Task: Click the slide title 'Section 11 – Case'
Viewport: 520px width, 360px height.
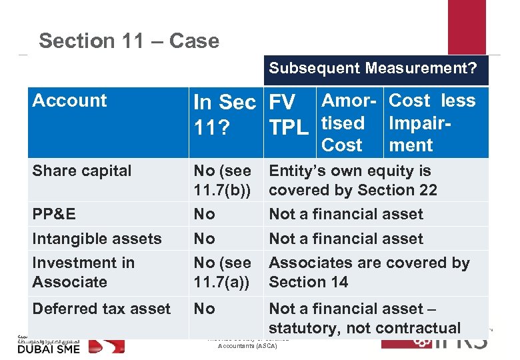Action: (129, 41)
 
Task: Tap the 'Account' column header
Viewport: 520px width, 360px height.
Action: (69, 101)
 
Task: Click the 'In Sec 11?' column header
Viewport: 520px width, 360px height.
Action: (224, 112)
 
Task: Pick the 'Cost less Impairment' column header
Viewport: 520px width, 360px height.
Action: (432, 123)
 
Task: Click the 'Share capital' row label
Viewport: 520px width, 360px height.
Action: (82, 171)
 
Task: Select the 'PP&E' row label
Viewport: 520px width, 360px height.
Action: (54, 214)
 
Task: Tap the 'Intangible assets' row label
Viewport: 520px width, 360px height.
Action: (97, 239)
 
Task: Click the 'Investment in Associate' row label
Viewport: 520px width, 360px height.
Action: (83, 272)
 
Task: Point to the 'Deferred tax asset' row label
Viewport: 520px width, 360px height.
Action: (101, 309)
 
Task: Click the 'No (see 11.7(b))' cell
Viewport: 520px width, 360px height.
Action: (222, 180)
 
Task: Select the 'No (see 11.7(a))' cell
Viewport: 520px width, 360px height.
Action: (222, 272)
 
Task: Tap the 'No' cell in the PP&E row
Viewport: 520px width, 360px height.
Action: (203, 214)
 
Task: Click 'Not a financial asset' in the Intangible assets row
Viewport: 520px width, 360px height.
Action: (345, 239)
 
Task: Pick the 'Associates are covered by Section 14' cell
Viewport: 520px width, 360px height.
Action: (369, 272)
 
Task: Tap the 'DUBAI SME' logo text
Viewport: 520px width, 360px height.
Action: (48, 347)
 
